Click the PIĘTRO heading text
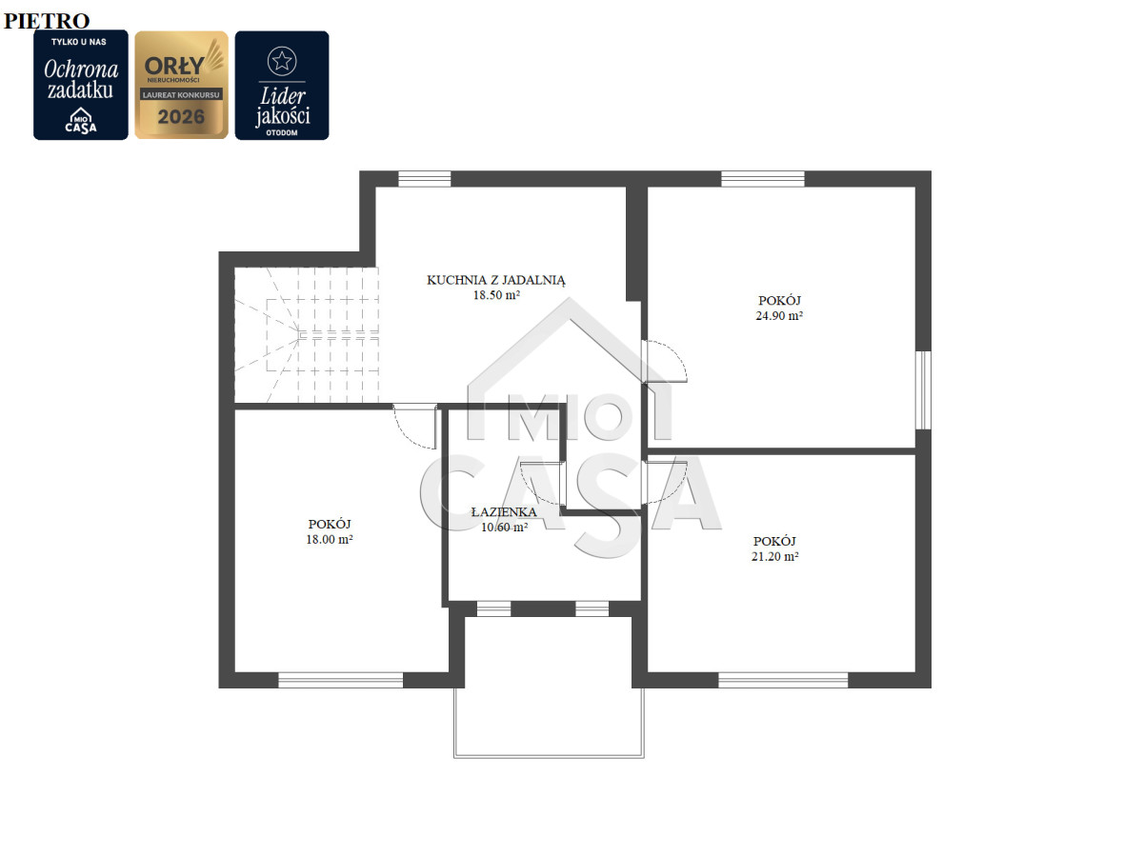(x=47, y=21)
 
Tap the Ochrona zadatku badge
(x=81, y=85)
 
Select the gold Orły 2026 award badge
(x=181, y=85)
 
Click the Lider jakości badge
(x=282, y=86)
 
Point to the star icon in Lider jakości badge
(x=282, y=61)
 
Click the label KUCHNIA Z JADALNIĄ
(x=495, y=280)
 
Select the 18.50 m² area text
(x=496, y=295)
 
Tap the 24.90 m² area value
(x=779, y=315)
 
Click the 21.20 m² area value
(x=774, y=556)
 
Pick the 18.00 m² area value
(x=330, y=539)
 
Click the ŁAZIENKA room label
(x=504, y=512)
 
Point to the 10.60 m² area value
(x=504, y=528)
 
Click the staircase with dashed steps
(x=306, y=334)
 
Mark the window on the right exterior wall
(x=923, y=390)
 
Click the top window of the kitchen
(x=425, y=178)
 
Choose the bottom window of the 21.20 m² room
(x=783, y=680)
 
